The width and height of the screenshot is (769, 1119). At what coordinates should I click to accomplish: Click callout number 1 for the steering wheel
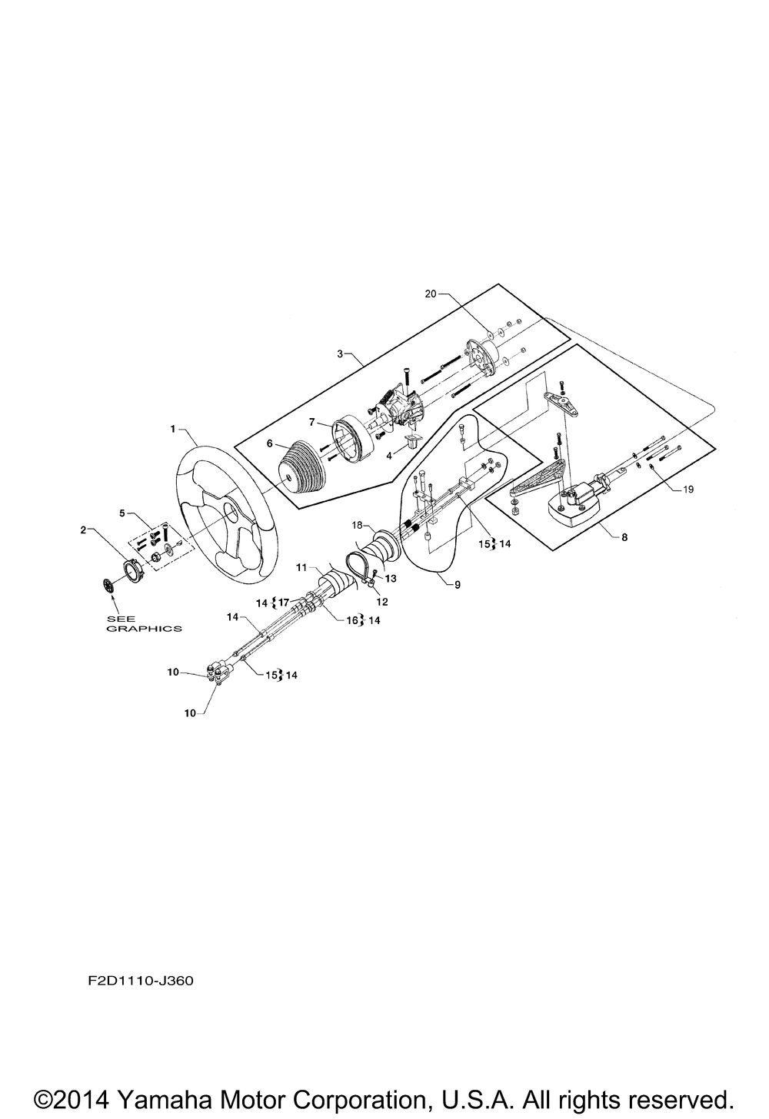[x=173, y=429]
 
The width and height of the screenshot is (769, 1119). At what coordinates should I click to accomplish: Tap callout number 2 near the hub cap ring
[x=84, y=530]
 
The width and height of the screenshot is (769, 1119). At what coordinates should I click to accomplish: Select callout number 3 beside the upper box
[x=340, y=354]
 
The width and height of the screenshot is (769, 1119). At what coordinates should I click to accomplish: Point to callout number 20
[x=431, y=294]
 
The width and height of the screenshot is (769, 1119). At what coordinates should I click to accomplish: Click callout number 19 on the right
[x=688, y=489]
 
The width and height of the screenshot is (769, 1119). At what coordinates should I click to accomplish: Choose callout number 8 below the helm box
[x=624, y=537]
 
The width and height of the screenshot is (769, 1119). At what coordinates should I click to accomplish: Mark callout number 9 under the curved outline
[x=458, y=584]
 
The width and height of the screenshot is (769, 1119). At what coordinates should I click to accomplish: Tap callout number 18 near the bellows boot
[x=357, y=525]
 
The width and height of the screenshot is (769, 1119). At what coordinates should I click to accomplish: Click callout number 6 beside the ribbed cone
[x=270, y=443]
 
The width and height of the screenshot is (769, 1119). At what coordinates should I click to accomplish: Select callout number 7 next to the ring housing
[x=312, y=422]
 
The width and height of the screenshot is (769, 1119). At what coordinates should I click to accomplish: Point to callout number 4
[x=390, y=455]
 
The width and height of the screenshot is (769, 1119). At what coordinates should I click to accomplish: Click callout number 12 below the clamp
[x=382, y=602]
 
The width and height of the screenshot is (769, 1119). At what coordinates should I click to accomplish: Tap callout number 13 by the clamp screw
[x=391, y=579]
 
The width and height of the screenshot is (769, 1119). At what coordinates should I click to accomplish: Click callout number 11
[x=301, y=567]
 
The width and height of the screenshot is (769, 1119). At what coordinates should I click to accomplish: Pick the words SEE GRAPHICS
[x=144, y=623]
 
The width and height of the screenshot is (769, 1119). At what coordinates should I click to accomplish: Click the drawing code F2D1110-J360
[x=141, y=981]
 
